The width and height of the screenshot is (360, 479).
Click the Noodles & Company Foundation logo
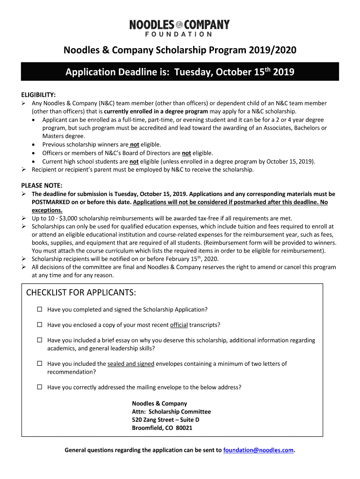pos(180,28)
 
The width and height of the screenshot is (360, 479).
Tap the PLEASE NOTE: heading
pos(42,185)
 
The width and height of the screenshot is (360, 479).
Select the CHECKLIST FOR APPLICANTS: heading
pos(81,293)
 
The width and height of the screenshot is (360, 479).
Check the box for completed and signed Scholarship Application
pos(40,310)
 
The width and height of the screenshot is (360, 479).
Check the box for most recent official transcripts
pos(40,325)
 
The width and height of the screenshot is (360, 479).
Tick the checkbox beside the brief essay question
pos(40,341)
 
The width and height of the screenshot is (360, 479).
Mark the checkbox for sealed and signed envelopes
pos(40,363)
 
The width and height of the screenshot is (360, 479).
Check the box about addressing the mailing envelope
pos(40,387)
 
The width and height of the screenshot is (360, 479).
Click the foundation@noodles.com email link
pos(259,450)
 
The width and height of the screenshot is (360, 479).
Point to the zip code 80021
pos(184,428)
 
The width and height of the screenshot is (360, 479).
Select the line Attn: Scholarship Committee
pos(171,412)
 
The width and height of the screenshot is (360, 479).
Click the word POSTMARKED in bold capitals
pos(52,202)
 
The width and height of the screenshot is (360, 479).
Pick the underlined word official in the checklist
pos(179,325)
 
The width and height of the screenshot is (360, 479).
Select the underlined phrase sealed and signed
pos(131,363)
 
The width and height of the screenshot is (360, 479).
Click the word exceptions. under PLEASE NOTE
pos(47,210)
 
